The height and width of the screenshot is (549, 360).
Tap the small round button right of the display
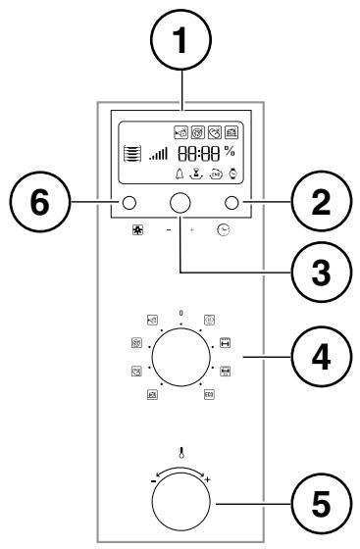tap(232, 203)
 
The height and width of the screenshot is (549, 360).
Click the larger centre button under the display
tap(180, 203)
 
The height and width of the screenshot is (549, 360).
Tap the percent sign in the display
tap(229, 152)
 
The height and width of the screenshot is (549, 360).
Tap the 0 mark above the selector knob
tap(180, 312)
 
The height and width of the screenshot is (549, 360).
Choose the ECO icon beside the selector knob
tap(209, 394)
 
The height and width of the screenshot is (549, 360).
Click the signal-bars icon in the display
tap(156, 155)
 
